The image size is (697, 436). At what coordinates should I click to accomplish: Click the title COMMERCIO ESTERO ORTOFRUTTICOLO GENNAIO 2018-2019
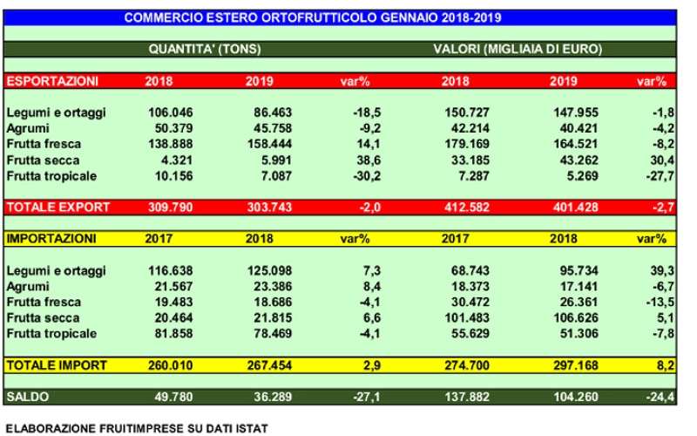[313, 17]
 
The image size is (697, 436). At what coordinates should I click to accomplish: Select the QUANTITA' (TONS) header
[205, 49]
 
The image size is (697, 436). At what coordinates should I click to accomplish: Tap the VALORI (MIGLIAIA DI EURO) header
[518, 49]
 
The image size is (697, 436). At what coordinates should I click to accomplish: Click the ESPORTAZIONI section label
[52, 81]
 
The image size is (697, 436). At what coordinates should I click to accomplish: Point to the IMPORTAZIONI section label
[51, 239]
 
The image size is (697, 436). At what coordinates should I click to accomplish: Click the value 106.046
[171, 112]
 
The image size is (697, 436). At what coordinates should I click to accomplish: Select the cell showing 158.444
[269, 144]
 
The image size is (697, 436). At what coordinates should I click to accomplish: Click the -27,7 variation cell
[660, 176]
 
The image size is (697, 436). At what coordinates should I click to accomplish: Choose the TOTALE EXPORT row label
[58, 208]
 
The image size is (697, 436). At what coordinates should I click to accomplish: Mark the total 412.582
[467, 208]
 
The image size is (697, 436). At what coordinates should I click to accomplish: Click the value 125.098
[269, 270]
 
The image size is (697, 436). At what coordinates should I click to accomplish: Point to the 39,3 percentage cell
[662, 270]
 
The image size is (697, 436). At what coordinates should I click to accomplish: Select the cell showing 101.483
[467, 318]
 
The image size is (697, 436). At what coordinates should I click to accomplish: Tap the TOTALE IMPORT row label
[57, 365]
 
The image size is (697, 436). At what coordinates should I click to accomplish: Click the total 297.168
[576, 365]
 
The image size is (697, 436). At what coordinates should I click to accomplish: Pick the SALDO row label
[28, 397]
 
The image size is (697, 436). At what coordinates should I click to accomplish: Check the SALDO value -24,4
[660, 397]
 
